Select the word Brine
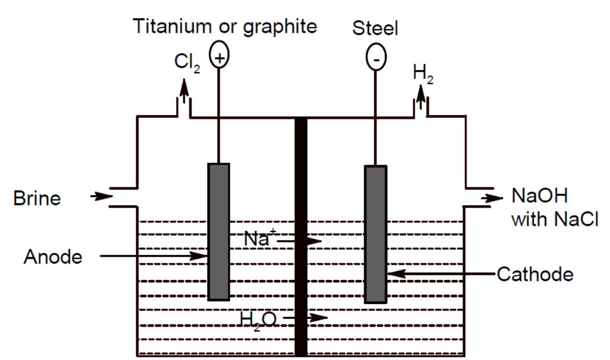(37, 199)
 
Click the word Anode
(53, 257)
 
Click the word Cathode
(535, 274)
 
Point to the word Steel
(375, 29)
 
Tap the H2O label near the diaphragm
(259, 320)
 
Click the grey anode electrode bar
(218, 231)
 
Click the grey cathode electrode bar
(375, 234)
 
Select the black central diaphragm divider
(301, 237)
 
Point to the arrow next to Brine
(101, 196)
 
